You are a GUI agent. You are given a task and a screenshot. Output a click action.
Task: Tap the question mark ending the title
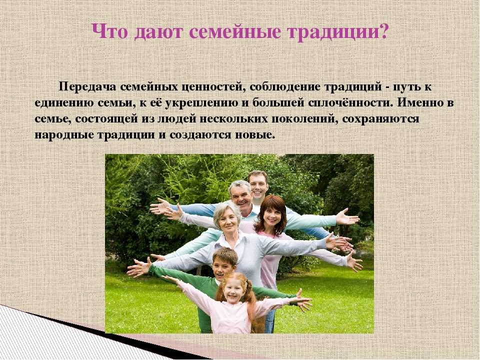click(383, 30)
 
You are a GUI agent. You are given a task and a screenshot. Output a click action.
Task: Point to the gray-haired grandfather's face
click(241, 197)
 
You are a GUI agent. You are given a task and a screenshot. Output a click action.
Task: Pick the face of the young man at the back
click(258, 185)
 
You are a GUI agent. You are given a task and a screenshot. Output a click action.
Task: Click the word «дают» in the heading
click(158, 32)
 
